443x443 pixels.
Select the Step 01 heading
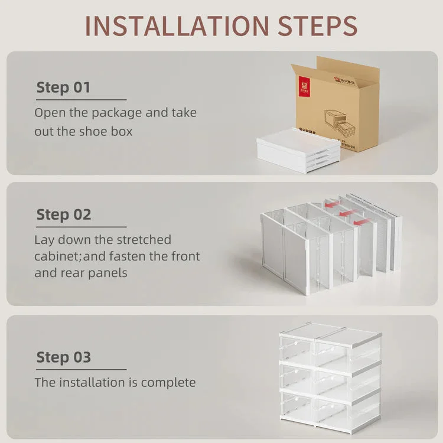click(x=63, y=88)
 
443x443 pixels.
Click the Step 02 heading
click(x=64, y=214)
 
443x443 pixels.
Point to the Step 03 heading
click(x=64, y=357)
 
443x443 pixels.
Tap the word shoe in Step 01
click(x=93, y=131)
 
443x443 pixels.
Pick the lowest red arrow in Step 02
click(x=361, y=222)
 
